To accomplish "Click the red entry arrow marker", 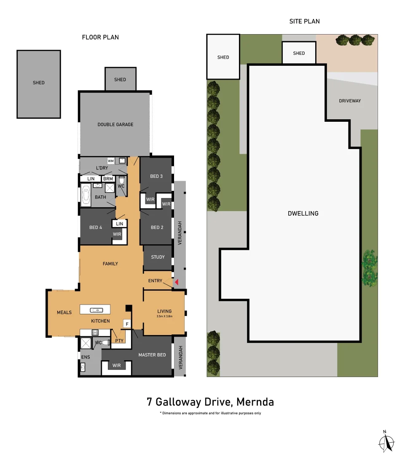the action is (x=176, y=282).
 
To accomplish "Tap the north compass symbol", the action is (x=386, y=442).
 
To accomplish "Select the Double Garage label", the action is (x=115, y=124).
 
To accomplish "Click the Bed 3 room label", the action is (x=156, y=176).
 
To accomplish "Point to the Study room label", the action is (x=158, y=257).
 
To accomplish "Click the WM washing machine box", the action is (x=110, y=161).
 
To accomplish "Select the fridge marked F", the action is (x=127, y=324).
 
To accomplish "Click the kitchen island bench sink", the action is (x=97, y=310).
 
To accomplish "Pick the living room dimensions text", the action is (x=164, y=316).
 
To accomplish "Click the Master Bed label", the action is (x=152, y=355).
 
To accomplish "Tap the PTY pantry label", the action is (x=119, y=341).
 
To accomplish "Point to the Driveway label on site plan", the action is (x=350, y=101).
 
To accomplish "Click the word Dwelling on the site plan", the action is (x=303, y=214).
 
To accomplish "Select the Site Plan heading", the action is (x=304, y=21).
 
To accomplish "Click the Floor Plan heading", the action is (x=100, y=37).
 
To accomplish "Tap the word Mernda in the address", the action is (x=255, y=402).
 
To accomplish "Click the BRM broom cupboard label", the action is (x=108, y=179).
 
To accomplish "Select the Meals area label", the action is (x=64, y=313).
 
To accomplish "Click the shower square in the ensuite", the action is (x=86, y=343).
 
